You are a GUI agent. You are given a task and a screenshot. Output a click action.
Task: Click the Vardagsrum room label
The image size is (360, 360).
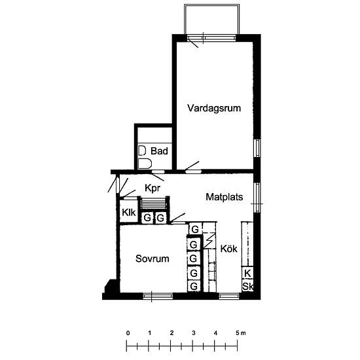(214, 108)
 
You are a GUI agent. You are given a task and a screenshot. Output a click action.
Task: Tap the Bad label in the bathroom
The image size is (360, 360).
(159, 151)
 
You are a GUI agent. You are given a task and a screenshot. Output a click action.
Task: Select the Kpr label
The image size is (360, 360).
(153, 189)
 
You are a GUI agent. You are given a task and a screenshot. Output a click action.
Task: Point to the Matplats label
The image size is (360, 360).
(225, 197)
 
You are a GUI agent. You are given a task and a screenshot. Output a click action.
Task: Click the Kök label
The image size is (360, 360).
(228, 249)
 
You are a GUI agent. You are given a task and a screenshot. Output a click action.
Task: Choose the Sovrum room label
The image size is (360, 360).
(153, 259)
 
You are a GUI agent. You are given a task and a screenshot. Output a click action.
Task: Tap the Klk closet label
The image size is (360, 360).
(129, 212)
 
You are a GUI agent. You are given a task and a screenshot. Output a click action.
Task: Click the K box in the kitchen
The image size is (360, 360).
(247, 273)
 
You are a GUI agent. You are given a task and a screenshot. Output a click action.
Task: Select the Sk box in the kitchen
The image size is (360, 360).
(247, 286)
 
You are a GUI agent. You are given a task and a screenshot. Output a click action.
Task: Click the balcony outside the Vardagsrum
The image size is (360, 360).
(212, 19)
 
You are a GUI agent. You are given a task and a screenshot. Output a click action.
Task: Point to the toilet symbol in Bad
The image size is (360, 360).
(145, 164)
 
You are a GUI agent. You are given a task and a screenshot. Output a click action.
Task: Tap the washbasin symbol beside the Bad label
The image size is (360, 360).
(142, 151)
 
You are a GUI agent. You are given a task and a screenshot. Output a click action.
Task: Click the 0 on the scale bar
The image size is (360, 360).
(128, 333)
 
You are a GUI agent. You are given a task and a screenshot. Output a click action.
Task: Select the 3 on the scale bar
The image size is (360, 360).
(194, 333)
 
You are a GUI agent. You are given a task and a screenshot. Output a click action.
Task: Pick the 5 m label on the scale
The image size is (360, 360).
(241, 333)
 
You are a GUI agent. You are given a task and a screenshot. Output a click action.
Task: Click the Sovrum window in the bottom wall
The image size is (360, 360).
(158, 296)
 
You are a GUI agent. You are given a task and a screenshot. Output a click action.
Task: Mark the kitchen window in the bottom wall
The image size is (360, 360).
(229, 296)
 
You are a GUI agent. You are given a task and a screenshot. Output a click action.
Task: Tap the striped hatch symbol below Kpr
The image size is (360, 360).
(153, 204)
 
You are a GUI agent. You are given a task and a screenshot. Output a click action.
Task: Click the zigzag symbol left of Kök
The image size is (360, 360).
(209, 240)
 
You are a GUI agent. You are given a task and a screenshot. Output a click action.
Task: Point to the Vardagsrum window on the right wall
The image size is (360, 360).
(258, 148)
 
